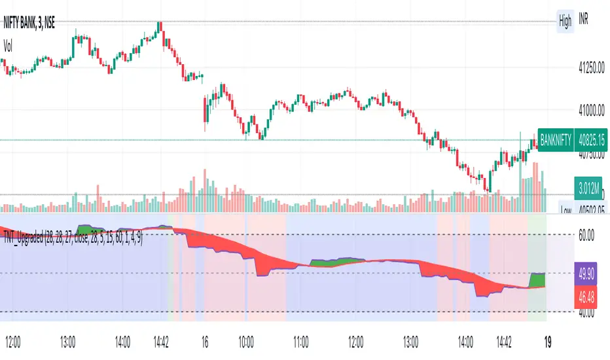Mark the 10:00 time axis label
pos(246,341)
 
